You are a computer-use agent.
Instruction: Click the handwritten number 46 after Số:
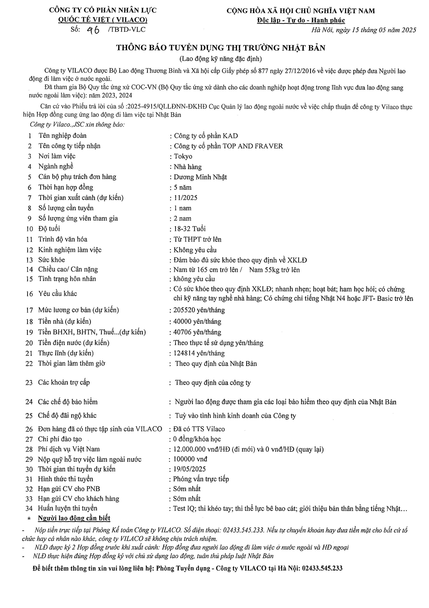click(x=93, y=30)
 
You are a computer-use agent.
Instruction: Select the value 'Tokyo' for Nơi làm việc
click(x=183, y=156)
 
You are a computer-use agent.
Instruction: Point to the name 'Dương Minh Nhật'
click(x=200, y=177)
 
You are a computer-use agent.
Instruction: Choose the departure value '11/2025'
click(x=186, y=198)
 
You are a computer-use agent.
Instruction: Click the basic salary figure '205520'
click(x=183, y=310)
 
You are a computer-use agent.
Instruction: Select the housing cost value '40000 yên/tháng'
click(x=197, y=322)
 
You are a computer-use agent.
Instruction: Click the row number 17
click(x=29, y=310)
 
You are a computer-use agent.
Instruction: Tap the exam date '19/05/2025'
click(x=189, y=469)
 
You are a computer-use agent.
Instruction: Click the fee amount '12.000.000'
click(x=188, y=449)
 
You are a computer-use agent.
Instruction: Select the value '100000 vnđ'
click(x=190, y=459)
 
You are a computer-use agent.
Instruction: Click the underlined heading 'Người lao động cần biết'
click(x=74, y=518)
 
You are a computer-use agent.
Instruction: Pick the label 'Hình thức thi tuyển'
click(x=66, y=479)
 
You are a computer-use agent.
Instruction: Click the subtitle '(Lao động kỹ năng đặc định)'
click(x=220, y=58)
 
